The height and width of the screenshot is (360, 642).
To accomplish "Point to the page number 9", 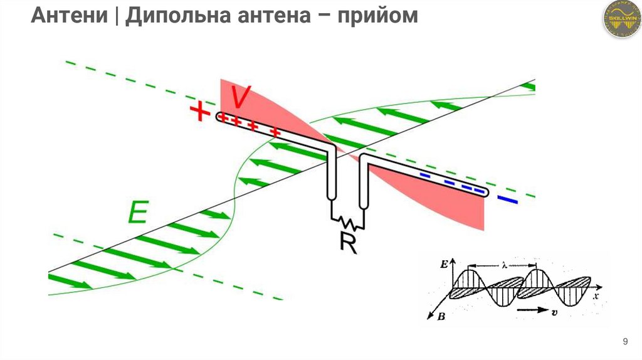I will pos(625,342).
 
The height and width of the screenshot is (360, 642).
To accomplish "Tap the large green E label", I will pos(137,214).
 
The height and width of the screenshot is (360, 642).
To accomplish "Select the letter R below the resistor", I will pos(347,242).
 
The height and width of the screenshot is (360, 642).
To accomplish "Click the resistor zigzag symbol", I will pos(347,221).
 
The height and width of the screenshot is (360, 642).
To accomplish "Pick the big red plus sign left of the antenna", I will pos(199,112).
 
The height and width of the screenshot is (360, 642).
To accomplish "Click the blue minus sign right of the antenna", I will pos(507,201).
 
